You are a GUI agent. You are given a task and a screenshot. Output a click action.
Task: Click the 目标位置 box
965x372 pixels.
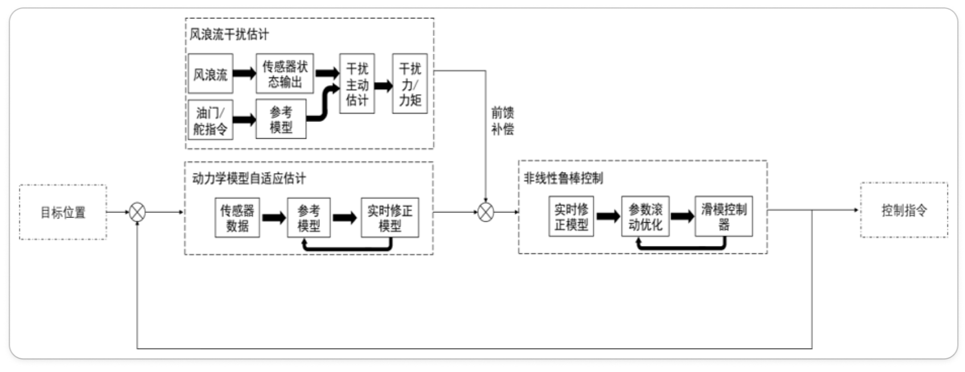coord(63,212)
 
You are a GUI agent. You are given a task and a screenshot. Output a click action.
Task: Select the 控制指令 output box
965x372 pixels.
coord(904,210)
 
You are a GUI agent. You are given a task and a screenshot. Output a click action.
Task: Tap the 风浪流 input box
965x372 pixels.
coord(210,74)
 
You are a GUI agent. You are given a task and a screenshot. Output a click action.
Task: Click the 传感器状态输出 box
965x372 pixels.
coord(285,74)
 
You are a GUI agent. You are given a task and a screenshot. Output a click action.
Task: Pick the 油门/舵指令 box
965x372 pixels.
coord(210,120)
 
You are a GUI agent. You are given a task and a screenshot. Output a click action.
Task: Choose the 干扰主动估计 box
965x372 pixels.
coord(357,84)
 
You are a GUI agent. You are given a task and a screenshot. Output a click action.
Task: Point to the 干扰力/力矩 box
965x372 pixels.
coord(410,84)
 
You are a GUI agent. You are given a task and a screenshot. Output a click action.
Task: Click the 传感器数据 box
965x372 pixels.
coord(237,218)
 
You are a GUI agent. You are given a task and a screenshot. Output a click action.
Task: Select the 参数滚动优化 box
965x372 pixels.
coord(645,217)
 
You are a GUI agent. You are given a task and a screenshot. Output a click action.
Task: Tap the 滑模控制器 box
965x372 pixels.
coord(724,217)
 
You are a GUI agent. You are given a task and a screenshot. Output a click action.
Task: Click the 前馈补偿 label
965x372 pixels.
coord(502,121)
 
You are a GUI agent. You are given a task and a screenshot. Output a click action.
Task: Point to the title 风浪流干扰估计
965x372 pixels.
coord(229,34)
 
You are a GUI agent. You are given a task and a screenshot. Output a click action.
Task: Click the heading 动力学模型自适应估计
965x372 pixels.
coord(249,179)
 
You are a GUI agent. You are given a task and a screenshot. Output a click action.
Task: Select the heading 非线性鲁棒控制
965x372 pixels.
coord(564,178)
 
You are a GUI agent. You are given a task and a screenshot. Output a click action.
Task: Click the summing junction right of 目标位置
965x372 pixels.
coord(137,212)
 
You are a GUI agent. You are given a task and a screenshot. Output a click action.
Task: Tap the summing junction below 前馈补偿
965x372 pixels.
coord(486,212)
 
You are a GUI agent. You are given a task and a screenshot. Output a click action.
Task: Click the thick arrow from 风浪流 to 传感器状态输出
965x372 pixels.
coord(244,74)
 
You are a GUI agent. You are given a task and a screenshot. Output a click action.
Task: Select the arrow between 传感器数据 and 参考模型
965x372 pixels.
coord(273,218)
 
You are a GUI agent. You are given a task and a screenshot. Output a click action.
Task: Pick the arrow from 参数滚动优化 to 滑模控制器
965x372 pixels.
coord(682,217)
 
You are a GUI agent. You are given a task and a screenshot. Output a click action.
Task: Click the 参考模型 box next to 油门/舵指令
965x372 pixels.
coord(281,119)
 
